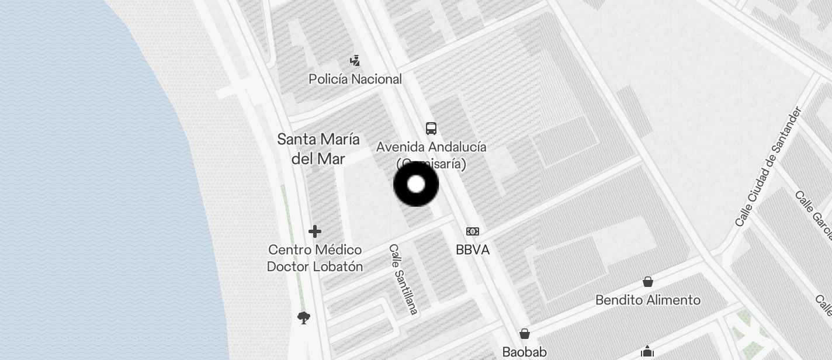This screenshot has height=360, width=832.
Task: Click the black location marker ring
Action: tap(416, 185)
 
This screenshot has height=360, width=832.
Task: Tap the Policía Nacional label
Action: tap(355, 79)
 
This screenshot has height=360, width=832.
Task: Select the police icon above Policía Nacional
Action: tap(355, 60)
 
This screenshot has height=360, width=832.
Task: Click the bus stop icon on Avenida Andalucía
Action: tap(431, 129)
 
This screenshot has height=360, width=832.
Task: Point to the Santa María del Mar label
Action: tap(318, 149)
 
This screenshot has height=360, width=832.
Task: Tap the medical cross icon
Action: tap(315, 231)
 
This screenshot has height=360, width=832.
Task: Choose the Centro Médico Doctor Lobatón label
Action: tap(315, 258)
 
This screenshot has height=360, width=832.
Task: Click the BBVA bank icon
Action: tap(473, 231)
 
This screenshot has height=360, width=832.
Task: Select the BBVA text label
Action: tap(473, 250)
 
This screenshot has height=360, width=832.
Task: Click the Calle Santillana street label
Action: tap(404, 279)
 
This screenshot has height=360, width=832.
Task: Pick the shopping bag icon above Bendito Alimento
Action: tap(648, 282)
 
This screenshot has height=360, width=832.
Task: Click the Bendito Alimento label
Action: tap(648, 300)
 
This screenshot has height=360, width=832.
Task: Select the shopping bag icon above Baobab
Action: tap(525, 334)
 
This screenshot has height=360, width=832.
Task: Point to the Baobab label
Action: tap(525, 352)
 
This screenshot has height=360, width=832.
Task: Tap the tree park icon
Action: tap(303, 318)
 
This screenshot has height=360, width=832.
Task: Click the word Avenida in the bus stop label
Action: tap(400, 147)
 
